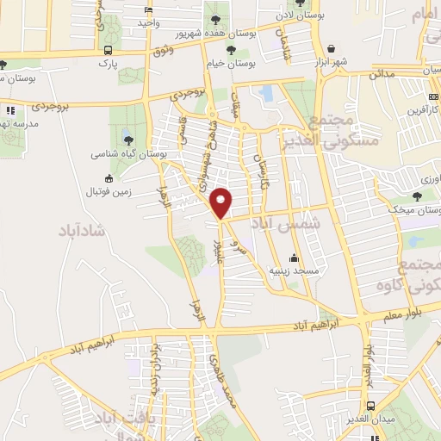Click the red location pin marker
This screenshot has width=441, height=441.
(222, 203)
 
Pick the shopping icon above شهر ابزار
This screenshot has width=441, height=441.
(331, 48)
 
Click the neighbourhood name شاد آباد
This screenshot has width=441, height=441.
(80, 232)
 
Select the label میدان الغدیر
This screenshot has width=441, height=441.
(370, 419)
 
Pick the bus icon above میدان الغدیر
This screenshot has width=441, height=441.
(370, 405)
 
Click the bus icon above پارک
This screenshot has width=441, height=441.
(108, 50)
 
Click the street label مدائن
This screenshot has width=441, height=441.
(382, 75)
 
